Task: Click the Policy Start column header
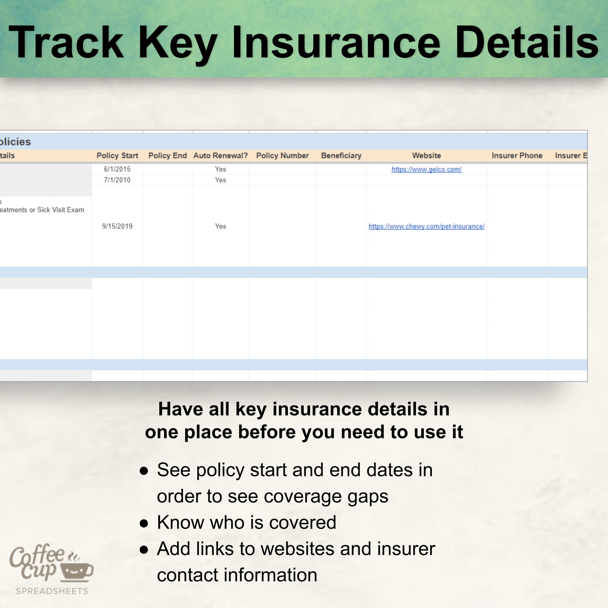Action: tap(117, 155)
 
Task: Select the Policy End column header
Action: tap(168, 155)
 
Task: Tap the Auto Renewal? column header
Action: tap(220, 155)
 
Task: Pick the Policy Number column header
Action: tap(282, 155)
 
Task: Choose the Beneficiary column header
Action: tap(341, 155)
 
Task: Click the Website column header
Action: tap(427, 155)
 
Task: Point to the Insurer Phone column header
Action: tap(517, 155)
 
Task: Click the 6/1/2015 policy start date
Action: tap(117, 169)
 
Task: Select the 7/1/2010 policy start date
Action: tap(117, 180)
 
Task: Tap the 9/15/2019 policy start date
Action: tap(117, 226)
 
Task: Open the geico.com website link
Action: tap(427, 169)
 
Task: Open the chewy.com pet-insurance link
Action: tap(427, 226)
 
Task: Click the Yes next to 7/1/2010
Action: tap(220, 180)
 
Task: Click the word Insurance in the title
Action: tap(336, 43)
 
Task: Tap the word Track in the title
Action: tap(66, 43)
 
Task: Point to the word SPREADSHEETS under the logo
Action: tap(52, 591)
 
